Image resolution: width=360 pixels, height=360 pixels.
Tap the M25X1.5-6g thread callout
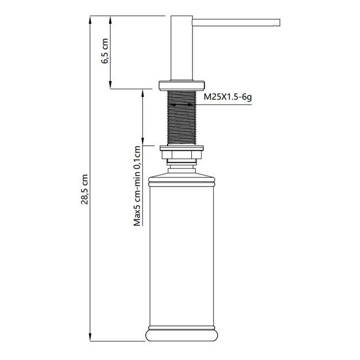(x=228, y=99)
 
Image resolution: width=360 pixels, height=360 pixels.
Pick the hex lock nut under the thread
(x=181, y=154)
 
